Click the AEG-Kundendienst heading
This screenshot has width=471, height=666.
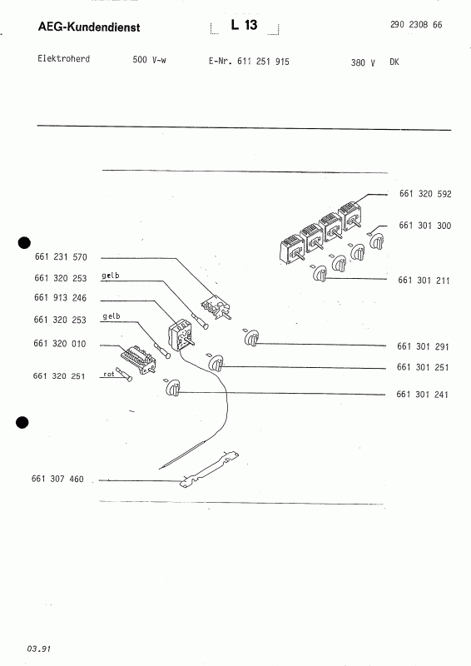click(x=89, y=27)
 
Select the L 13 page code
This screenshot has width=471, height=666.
click(x=244, y=25)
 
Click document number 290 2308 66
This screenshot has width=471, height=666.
click(x=416, y=25)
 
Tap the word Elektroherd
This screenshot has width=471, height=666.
click(x=64, y=58)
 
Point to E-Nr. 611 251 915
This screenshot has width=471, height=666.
click(x=249, y=62)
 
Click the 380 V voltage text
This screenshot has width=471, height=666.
click(x=363, y=63)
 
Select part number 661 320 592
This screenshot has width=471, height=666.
click(x=425, y=194)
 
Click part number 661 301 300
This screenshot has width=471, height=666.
click(x=424, y=226)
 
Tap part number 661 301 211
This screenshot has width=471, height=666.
click(x=424, y=281)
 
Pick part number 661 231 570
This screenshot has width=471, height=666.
click(x=61, y=257)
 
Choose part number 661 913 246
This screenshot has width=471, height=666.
click(x=60, y=298)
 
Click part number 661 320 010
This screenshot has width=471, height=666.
click(x=59, y=344)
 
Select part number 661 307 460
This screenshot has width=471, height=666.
click(x=57, y=480)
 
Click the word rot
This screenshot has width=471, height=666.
click(x=109, y=374)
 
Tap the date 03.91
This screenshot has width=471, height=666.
click(x=38, y=649)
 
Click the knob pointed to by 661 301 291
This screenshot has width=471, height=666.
click(x=251, y=339)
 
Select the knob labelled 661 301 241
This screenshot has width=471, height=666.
click(x=173, y=389)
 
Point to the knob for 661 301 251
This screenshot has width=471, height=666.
click(x=216, y=364)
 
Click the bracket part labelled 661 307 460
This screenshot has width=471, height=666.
click(x=209, y=470)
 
